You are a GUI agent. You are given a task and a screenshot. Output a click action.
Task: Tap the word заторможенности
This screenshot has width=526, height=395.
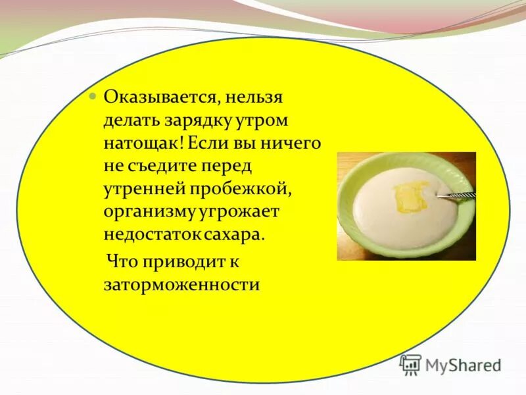(x=181, y=284)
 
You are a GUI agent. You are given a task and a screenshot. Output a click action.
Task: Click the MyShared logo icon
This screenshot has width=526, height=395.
(x=410, y=364)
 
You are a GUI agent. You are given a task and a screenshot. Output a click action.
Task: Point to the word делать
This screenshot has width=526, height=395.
(x=130, y=122)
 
